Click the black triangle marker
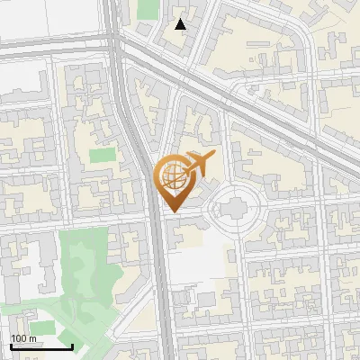click(x=181, y=25)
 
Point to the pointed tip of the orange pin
click(x=173, y=211)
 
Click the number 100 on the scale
click(x=17, y=337)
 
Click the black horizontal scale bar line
click(x=41, y=346)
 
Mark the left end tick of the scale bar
click(x=11, y=345)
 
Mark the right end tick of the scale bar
click(x=72, y=345)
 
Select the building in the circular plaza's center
click(x=235, y=210)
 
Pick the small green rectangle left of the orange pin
click(x=103, y=155)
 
